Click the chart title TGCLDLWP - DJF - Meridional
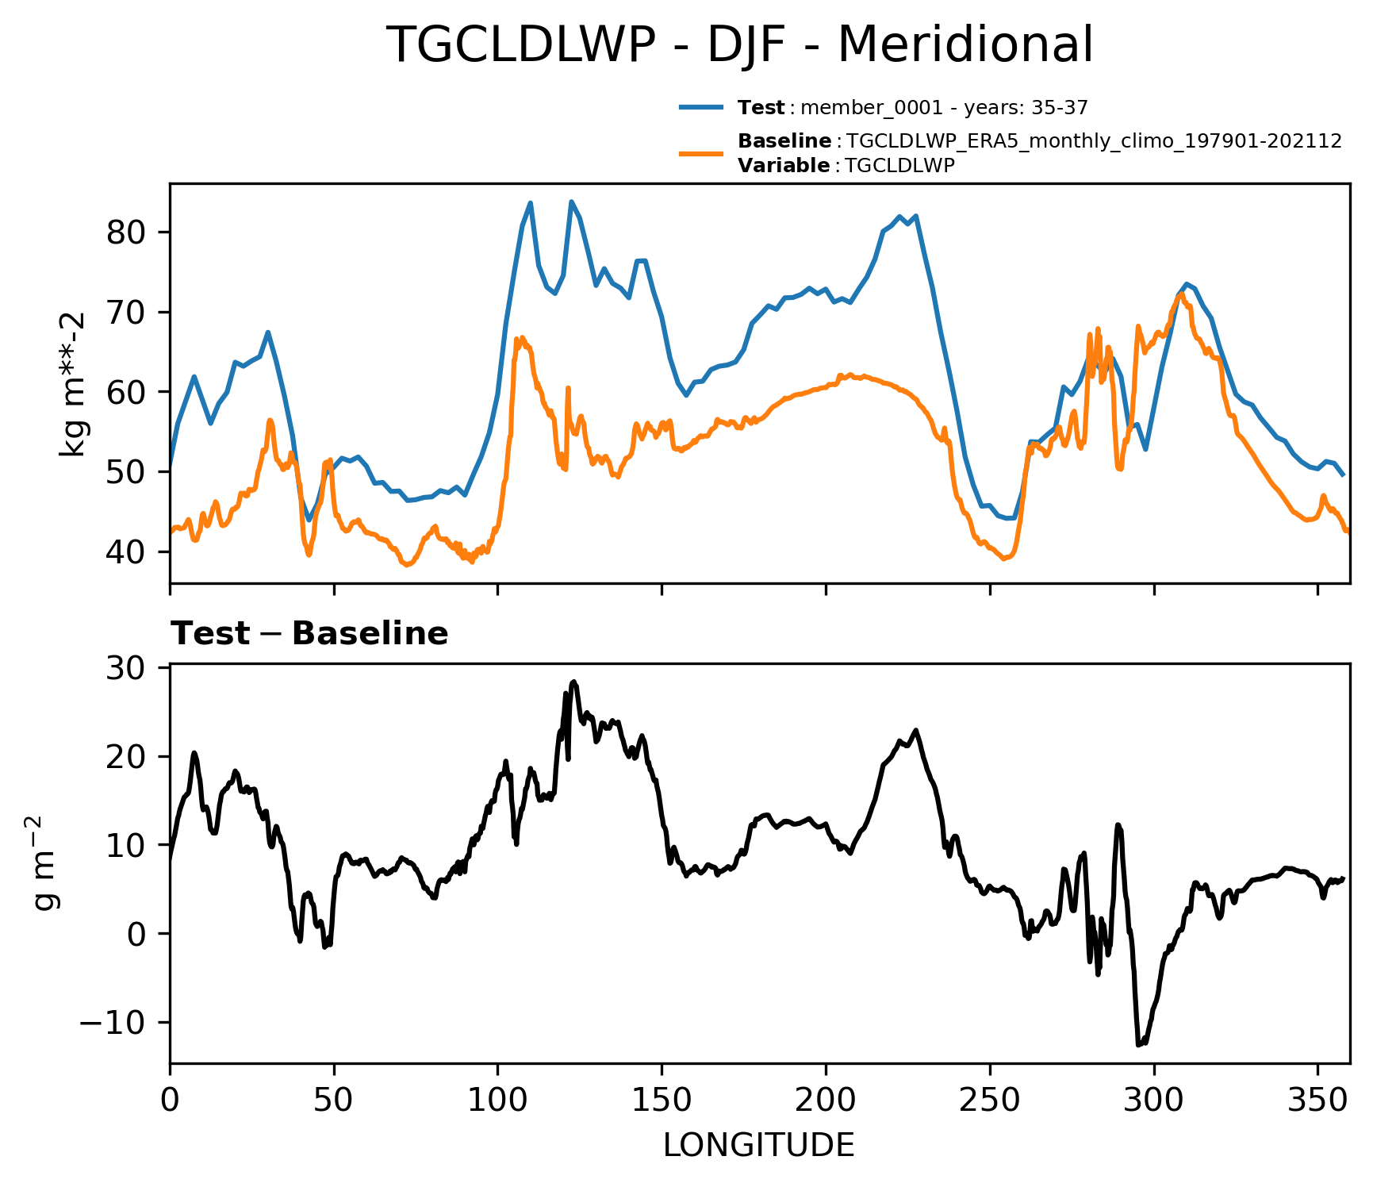click(739, 45)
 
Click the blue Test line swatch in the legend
click(701, 107)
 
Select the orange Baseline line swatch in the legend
click(701, 152)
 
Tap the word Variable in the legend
click(784, 166)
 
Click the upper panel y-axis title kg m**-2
click(73, 384)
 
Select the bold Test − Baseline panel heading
click(309, 634)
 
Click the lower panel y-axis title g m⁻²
click(46, 863)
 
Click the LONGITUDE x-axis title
click(759, 1146)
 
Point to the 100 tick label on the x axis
click(497, 1101)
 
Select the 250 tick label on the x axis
click(990, 1101)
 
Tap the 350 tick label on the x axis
click(1317, 1101)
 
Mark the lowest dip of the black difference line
click(1139, 1045)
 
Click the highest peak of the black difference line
click(574, 682)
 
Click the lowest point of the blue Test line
click(309, 521)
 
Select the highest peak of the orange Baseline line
click(1181, 294)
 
